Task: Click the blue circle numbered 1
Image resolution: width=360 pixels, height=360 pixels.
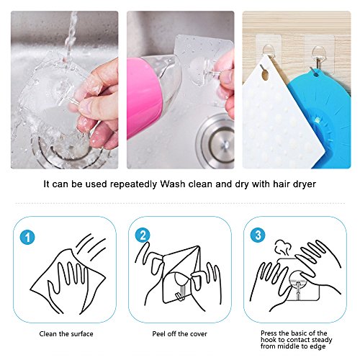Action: tap(27, 237)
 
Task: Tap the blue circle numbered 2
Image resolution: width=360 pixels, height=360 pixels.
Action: tap(143, 235)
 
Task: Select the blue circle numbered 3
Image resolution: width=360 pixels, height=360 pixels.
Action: tap(258, 235)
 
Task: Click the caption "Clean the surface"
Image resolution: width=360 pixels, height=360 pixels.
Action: tap(66, 334)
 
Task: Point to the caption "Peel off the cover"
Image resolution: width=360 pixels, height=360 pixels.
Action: tap(179, 334)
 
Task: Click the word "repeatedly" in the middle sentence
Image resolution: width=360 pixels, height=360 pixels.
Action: tap(133, 184)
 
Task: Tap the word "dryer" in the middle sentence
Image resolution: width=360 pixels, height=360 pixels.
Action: tap(305, 184)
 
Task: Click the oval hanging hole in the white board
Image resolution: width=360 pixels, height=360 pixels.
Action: tap(265, 73)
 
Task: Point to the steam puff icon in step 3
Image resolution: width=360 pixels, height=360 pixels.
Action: tap(283, 247)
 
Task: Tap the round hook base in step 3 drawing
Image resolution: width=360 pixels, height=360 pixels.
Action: tap(298, 279)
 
